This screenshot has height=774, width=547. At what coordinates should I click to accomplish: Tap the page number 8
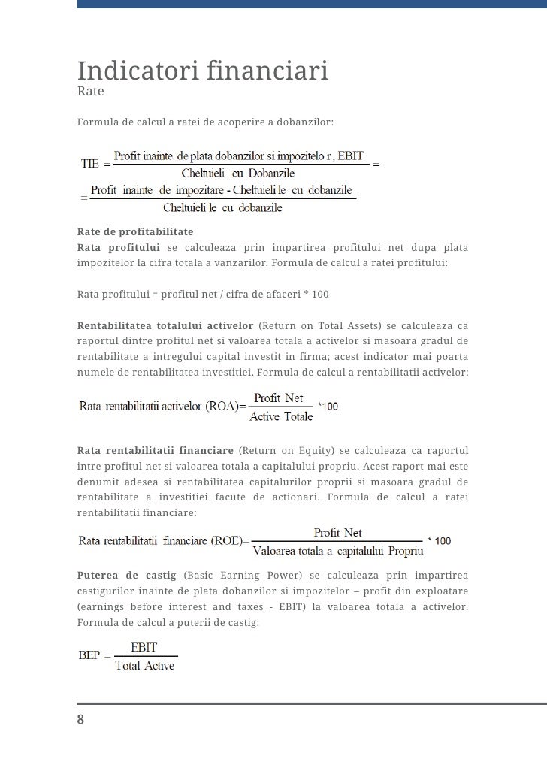pos(81,719)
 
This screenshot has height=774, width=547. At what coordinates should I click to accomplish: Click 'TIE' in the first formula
pos(89,164)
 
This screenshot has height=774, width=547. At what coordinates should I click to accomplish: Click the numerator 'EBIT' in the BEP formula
pos(144,647)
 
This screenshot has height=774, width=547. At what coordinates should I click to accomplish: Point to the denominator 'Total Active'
pos(144,666)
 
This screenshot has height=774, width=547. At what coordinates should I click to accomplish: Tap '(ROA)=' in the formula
pos(227,407)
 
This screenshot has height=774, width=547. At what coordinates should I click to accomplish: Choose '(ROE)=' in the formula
pos(231,541)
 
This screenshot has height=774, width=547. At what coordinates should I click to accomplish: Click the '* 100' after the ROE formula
pos(439,541)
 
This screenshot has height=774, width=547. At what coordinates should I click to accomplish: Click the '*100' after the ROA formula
pos(328,407)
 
